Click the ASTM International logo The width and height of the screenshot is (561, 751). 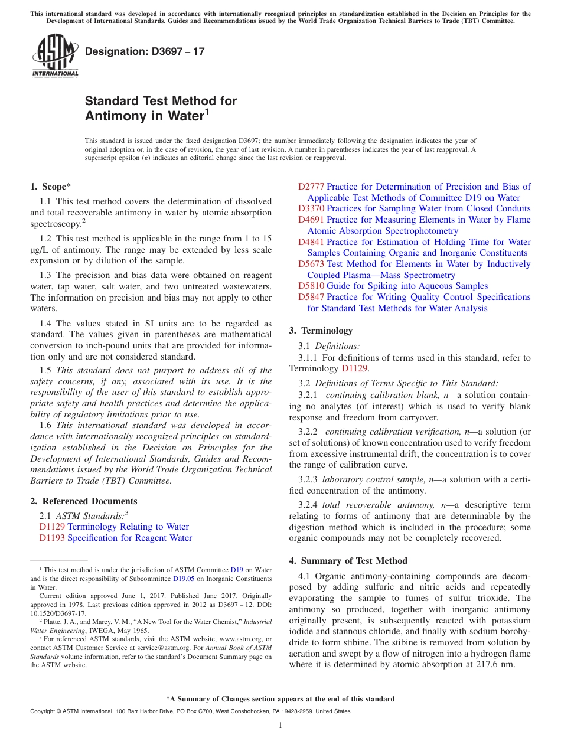tap(55, 55)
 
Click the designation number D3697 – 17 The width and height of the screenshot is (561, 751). tap(145, 51)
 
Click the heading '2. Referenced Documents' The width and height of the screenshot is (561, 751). tap(84, 501)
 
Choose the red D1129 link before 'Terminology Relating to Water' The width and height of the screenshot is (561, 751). tap(52, 527)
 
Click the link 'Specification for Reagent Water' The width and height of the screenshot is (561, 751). tap(129, 538)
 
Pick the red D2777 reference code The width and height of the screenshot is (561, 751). tap(311, 187)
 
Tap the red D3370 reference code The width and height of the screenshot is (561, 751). tap(311, 208)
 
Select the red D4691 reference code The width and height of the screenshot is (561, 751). tap(311, 220)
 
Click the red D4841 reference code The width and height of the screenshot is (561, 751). tap(311, 242)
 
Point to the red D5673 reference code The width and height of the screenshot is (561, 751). tap(311, 264)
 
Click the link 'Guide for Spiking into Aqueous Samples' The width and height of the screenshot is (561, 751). tap(407, 286)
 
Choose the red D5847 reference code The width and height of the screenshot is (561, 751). tap(311, 297)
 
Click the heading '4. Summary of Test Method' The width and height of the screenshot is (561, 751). tap(348, 560)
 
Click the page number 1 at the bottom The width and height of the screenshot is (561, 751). tap(280, 725)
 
